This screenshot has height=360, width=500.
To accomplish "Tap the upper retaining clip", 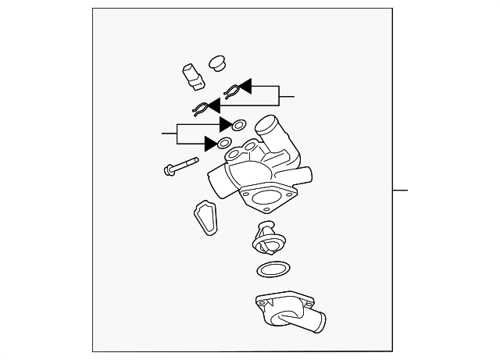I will coord(231,91).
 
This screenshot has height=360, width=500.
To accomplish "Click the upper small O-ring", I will coord(239,124).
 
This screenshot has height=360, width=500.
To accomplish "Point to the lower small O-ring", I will coord(224,144).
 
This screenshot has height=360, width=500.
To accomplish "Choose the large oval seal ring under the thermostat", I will coord(270,270).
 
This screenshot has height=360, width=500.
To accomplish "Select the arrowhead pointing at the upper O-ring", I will coord(227,124).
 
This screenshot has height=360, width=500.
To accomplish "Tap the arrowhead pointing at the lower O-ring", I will coord(211,144).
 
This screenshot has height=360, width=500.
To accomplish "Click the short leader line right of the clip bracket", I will coord(287,96).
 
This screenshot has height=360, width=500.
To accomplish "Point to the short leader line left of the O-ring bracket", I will coord(170,134).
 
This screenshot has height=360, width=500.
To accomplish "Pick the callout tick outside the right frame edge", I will coord(400,190).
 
